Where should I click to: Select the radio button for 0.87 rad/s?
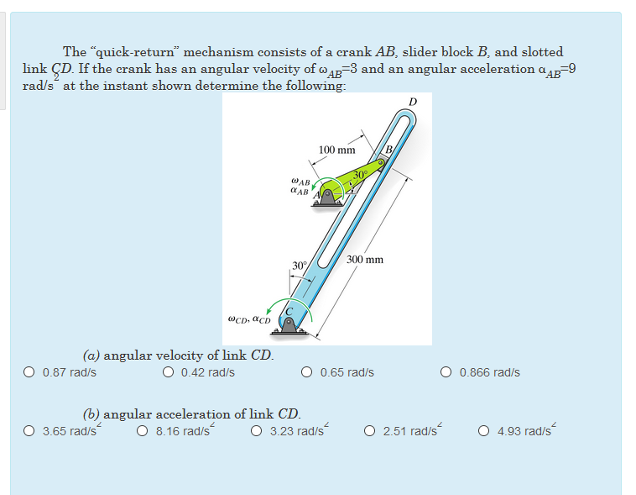click(x=29, y=372)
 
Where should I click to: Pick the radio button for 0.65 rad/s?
click(x=307, y=372)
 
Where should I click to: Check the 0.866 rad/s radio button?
click(x=446, y=372)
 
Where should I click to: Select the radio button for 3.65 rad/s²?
click(x=29, y=432)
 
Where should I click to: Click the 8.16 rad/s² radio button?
click(x=143, y=432)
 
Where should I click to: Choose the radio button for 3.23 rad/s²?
click(x=257, y=432)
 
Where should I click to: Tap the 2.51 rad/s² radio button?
click(x=370, y=432)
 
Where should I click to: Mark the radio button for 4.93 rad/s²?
click(x=484, y=432)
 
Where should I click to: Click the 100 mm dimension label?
click(x=336, y=150)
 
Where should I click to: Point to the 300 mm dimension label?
click(x=365, y=260)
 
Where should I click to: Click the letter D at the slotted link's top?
click(x=412, y=103)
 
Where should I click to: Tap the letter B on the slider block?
click(x=389, y=151)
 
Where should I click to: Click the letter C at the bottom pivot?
click(x=290, y=312)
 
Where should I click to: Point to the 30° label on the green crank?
click(x=360, y=174)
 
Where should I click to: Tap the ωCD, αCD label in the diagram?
click(x=249, y=319)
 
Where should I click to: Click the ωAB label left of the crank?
click(x=299, y=181)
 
